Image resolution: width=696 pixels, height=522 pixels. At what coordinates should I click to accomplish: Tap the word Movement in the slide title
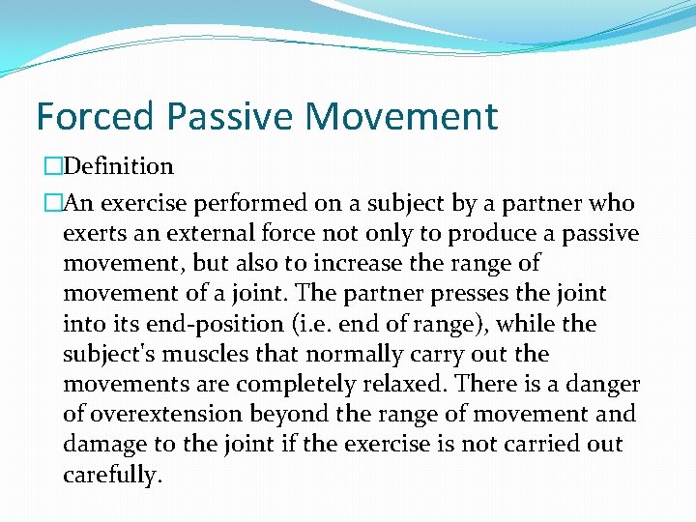[402, 117]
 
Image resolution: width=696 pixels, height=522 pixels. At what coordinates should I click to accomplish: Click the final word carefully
[110, 476]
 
